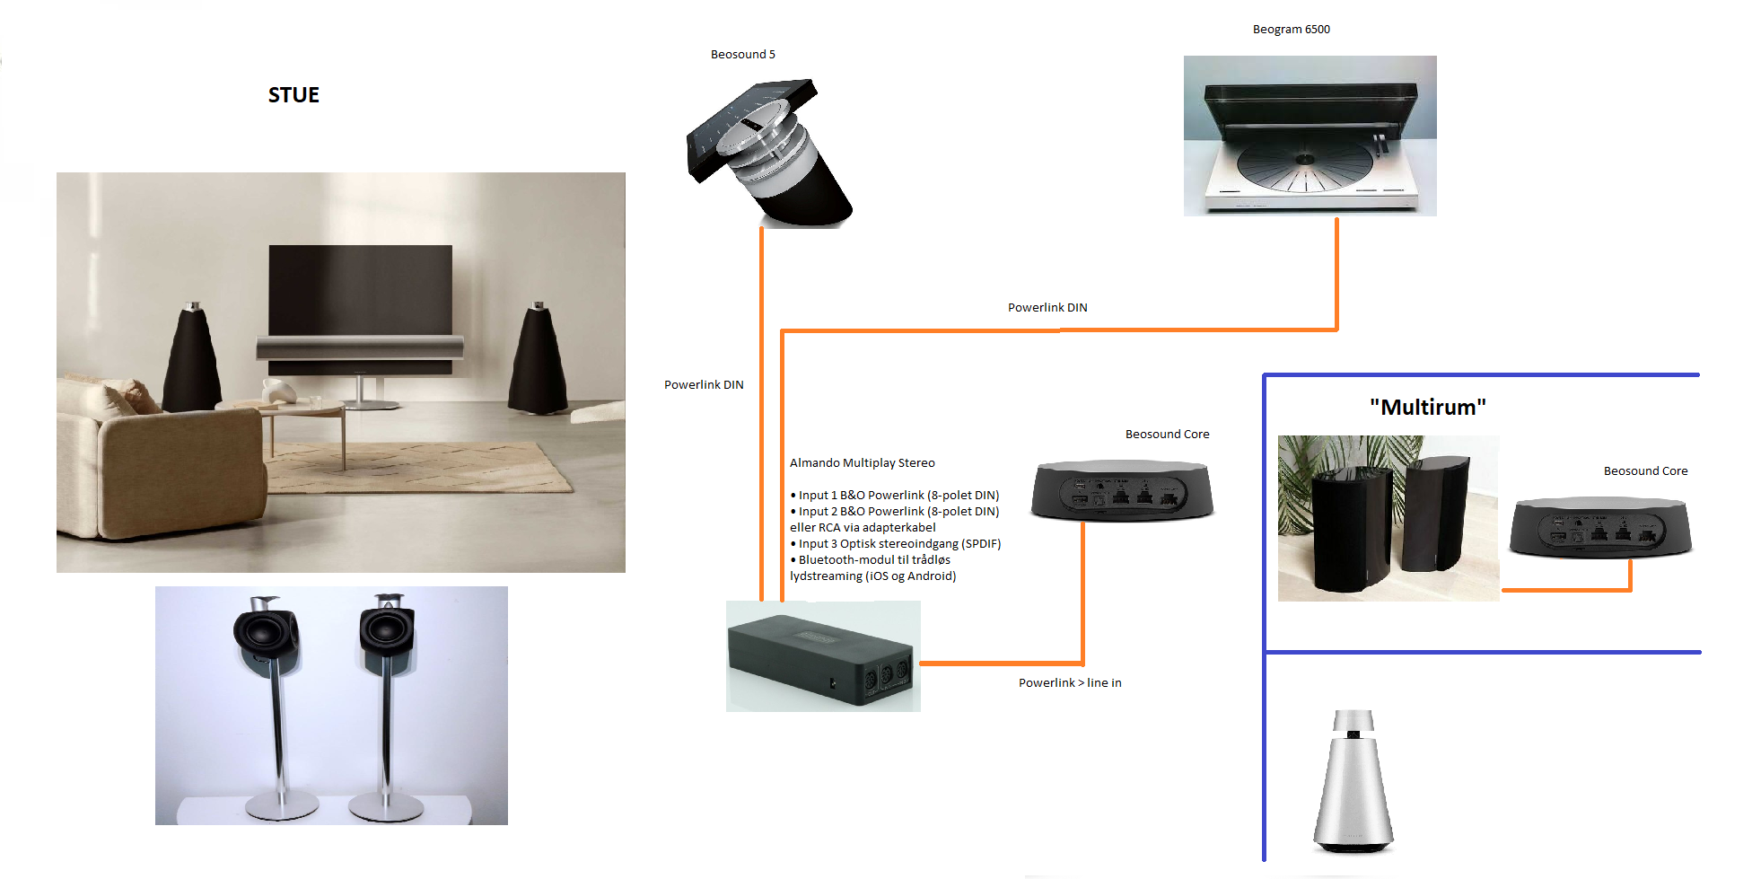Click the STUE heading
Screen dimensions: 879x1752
(x=293, y=95)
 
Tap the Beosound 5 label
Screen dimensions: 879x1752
(x=742, y=55)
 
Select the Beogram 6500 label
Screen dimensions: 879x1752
(x=1291, y=30)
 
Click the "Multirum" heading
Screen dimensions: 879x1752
(x=1427, y=408)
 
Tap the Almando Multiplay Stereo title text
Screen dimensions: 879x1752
(x=862, y=463)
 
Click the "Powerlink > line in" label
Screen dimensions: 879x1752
(x=1069, y=683)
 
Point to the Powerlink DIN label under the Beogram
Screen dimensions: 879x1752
(x=1047, y=308)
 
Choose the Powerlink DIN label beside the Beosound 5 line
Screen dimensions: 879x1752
(x=704, y=385)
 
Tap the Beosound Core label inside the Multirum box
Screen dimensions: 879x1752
(x=1645, y=471)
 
